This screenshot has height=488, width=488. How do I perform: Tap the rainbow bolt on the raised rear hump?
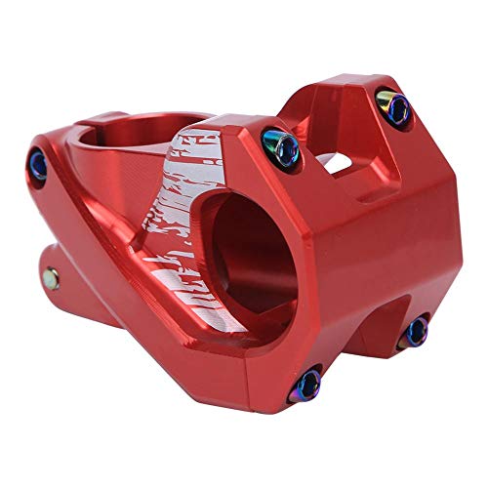coord(390,102)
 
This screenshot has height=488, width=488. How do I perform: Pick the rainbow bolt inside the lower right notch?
coord(416,330)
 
